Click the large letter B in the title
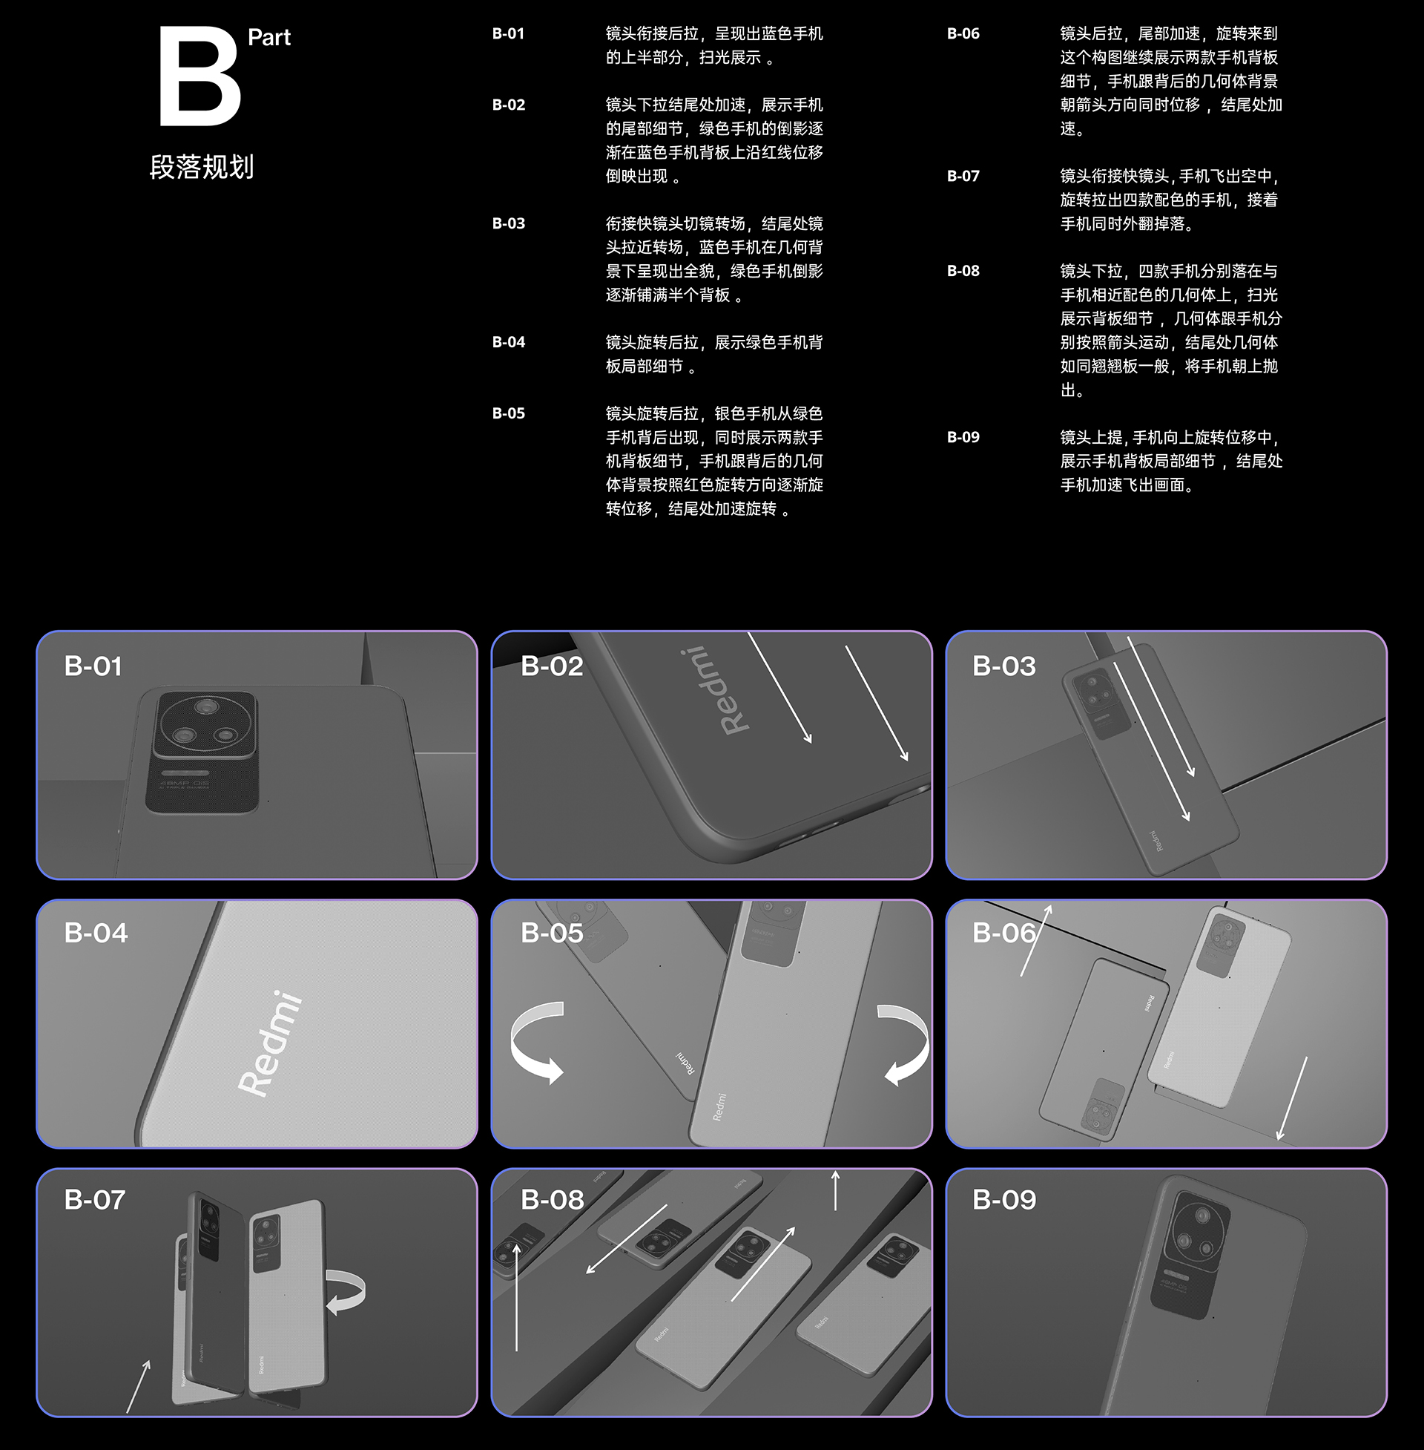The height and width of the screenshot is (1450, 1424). (x=200, y=77)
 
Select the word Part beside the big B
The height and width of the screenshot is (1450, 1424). (x=268, y=37)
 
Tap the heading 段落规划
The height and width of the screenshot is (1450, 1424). (x=201, y=167)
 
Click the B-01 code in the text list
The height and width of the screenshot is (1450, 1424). (x=508, y=33)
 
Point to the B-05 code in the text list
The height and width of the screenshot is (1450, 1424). (x=508, y=414)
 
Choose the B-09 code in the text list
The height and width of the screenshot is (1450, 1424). (x=963, y=438)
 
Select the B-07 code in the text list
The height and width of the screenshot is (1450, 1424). (x=963, y=177)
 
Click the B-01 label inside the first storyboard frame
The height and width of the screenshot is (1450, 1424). (x=93, y=666)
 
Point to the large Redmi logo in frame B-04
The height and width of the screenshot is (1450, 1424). (x=271, y=1043)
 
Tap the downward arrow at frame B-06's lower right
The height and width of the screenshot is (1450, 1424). (x=1293, y=1098)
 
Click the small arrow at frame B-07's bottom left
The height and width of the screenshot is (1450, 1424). (x=139, y=1386)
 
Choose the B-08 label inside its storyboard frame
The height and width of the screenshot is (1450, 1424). (x=552, y=1200)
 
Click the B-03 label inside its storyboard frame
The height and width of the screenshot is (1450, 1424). (x=1003, y=666)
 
